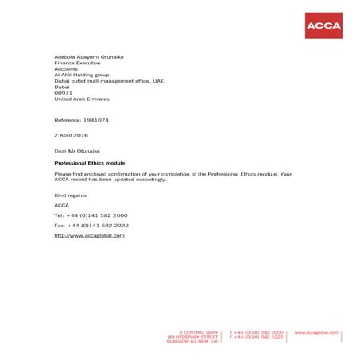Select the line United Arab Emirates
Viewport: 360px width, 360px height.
coord(82,99)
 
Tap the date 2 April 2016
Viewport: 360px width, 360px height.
coord(72,135)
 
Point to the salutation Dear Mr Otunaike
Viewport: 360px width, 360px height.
coord(79,150)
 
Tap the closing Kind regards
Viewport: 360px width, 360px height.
coord(70,195)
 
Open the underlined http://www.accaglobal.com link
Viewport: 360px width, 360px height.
coord(90,236)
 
